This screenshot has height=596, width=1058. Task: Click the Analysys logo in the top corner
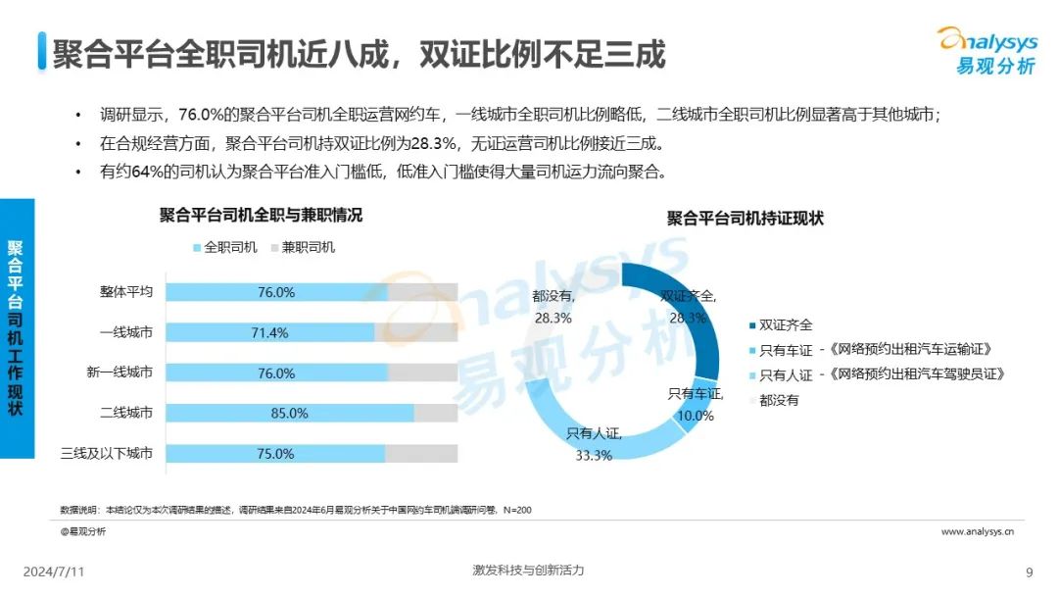(986, 49)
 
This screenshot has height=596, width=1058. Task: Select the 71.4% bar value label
(269, 333)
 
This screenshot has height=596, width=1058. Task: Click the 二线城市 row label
(126, 414)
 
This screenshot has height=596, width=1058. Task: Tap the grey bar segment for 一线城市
(416, 333)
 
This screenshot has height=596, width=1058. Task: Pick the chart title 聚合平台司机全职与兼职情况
(261, 216)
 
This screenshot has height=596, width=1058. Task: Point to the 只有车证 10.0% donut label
(695, 404)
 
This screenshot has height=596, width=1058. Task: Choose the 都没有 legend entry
(778, 400)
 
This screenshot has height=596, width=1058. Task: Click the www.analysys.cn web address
(977, 531)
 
